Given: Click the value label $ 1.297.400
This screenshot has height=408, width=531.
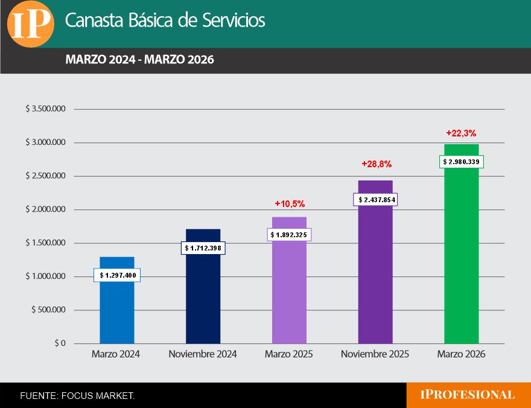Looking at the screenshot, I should click(117, 275).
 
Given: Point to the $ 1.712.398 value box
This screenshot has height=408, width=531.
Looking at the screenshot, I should click(203, 248).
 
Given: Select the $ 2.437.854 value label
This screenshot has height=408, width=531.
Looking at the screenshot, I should click(376, 200).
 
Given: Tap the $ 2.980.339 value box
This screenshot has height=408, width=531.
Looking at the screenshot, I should click(462, 162).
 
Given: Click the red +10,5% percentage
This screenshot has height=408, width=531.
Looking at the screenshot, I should click(290, 203).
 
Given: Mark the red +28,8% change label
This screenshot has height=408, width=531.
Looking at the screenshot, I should click(377, 164).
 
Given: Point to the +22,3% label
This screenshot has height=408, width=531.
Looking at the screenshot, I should click(462, 133).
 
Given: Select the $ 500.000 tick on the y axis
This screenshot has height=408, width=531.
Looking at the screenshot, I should click(48, 310).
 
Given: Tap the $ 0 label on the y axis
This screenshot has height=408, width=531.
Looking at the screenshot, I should click(59, 343).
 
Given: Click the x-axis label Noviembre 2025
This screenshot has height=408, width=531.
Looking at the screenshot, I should click(375, 354).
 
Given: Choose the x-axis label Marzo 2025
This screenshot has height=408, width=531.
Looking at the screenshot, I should click(288, 354).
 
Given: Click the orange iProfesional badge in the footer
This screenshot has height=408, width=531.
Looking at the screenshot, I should click(468, 395).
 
